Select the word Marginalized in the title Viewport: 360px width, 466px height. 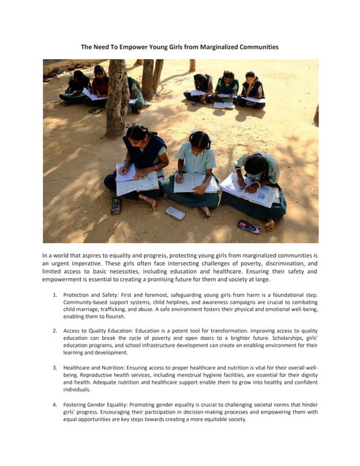tap(210, 47)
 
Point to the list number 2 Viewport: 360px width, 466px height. tap(55, 331)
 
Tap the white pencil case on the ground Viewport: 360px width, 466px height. tap(175, 213)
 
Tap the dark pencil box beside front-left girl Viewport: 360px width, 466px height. tap(115, 206)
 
